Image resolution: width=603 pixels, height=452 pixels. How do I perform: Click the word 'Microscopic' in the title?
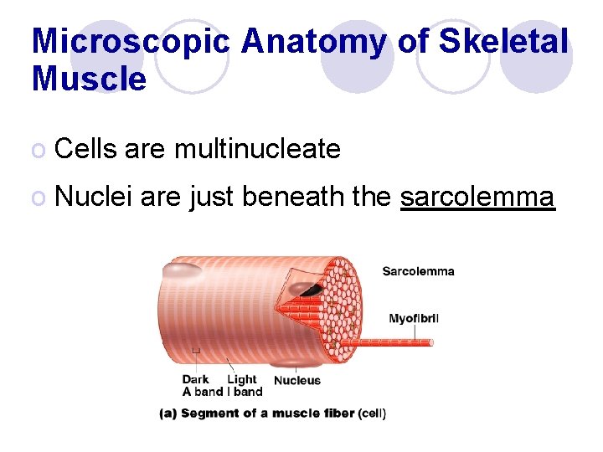tap(130, 42)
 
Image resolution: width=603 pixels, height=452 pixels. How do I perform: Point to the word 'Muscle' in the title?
tap(89, 79)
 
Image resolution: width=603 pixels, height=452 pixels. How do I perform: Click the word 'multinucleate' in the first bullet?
tap(257, 149)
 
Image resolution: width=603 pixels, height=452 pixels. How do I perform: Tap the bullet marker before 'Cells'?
tap(38, 151)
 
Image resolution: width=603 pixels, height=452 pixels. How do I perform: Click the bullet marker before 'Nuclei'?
tap(38, 198)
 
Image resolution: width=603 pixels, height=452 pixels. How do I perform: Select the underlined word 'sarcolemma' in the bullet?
tap(477, 197)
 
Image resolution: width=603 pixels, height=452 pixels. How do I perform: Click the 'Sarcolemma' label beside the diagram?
tap(418, 271)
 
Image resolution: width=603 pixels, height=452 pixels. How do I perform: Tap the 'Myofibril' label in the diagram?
tap(414, 318)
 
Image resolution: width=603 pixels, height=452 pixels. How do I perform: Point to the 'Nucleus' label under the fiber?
tap(297, 380)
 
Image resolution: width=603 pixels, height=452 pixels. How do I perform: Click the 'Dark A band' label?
tap(202, 385)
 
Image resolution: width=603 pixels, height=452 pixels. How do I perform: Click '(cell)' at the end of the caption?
tap(372, 413)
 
